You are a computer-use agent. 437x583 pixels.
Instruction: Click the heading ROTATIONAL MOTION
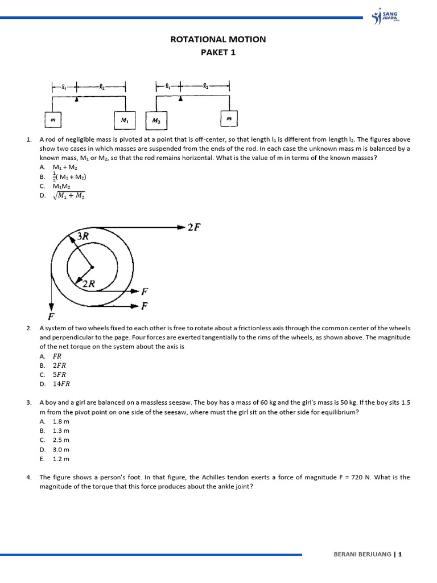pyautogui.click(x=218, y=39)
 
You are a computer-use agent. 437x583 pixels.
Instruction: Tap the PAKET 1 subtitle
pyautogui.click(x=218, y=52)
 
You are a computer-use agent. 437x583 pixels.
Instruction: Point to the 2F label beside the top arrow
pyautogui.click(x=194, y=228)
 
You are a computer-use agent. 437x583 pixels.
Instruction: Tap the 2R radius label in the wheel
pyautogui.click(x=89, y=283)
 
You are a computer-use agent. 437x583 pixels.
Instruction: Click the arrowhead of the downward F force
pyautogui.click(x=52, y=307)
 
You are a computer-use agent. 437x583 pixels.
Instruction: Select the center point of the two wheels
pyautogui.click(x=92, y=266)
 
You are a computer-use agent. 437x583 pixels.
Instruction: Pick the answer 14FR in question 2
pyautogui.click(x=61, y=384)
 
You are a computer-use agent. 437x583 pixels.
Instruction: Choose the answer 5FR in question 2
pyautogui.click(x=60, y=375)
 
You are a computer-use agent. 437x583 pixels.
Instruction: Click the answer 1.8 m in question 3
pyautogui.click(x=61, y=421)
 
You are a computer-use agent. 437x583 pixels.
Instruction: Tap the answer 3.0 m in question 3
pyautogui.click(x=61, y=449)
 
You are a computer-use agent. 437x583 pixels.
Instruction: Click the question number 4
pyautogui.click(x=28, y=477)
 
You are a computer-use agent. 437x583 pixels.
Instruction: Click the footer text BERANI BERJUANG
pyautogui.click(x=362, y=555)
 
